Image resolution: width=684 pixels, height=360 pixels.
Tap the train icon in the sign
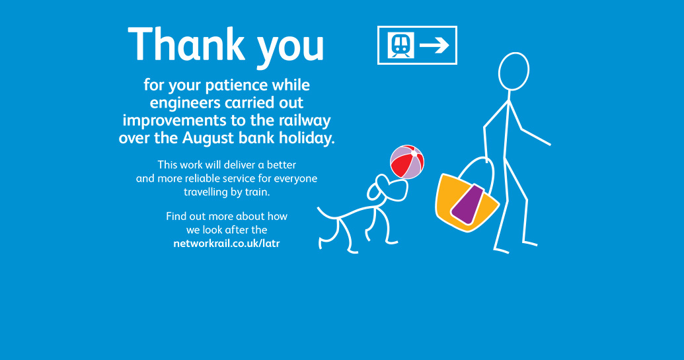(401, 45)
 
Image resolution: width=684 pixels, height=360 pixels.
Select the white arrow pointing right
(434, 45)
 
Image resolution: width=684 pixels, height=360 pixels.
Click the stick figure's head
(514, 71)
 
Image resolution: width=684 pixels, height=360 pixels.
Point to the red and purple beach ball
(407, 162)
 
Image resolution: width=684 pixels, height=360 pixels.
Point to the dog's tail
(326, 213)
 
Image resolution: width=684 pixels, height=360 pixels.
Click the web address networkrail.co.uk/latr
(227, 243)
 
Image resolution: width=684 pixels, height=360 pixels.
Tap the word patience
(237, 85)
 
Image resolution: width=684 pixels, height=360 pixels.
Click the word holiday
(307, 138)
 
